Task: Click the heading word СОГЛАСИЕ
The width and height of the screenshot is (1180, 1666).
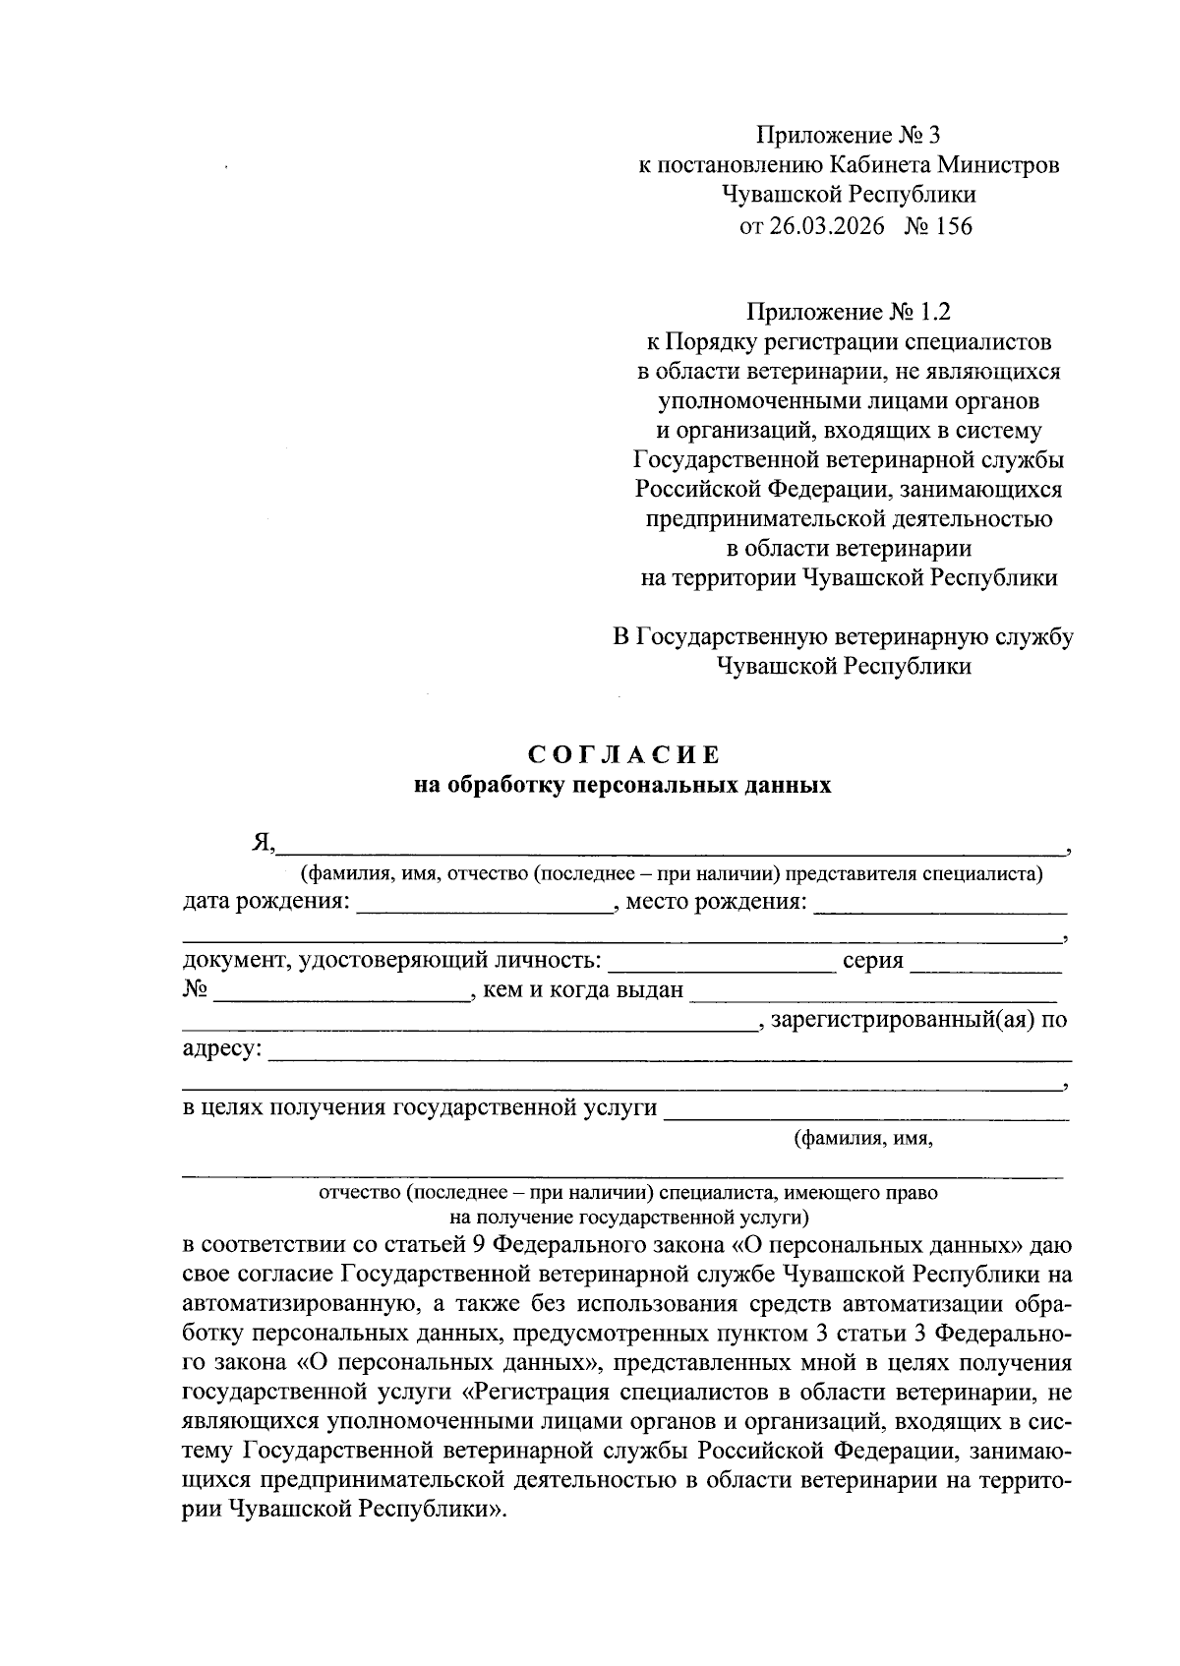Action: pyautogui.click(x=624, y=755)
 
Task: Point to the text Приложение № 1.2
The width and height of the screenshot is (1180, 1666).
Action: pyautogui.click(x=849, y=313)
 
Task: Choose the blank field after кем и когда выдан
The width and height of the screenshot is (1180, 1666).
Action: pyautogui.click(x=873, y=992)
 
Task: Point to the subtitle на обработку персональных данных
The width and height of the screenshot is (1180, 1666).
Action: pyautogui.click(x=624, y=786)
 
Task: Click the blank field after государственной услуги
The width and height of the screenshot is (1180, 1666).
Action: pyautogui.click(x=865, y=1110)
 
